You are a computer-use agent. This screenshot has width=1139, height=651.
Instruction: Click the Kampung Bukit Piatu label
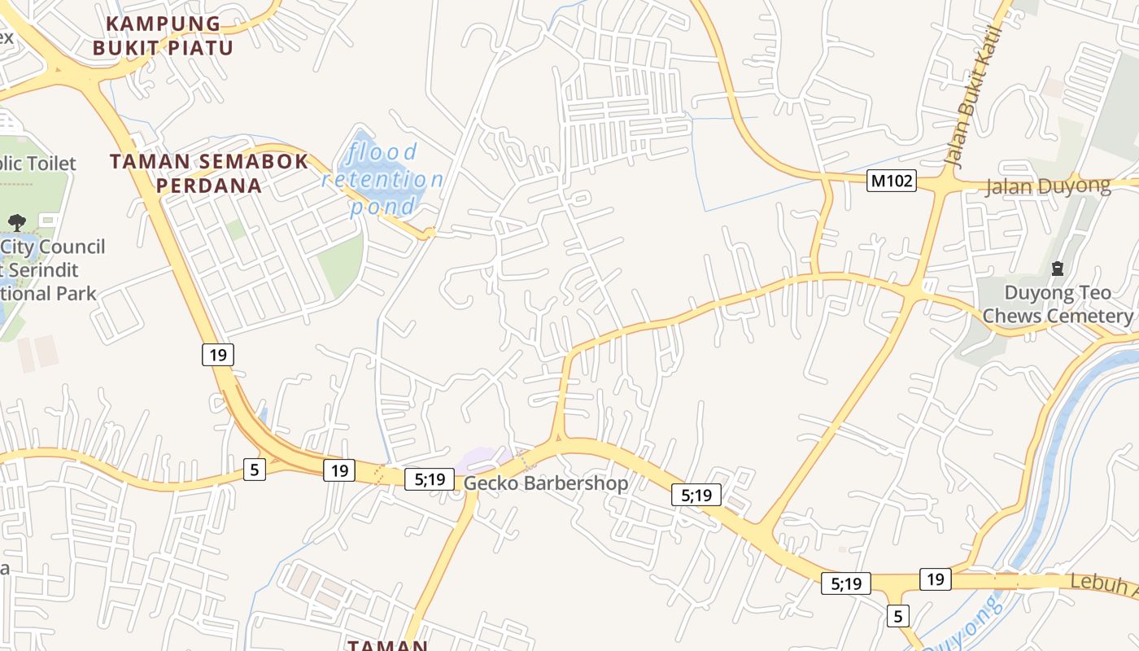pos(163,36)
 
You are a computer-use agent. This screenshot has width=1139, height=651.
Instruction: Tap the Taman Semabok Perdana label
pos(209,173)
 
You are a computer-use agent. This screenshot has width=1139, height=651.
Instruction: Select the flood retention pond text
pos(382,179)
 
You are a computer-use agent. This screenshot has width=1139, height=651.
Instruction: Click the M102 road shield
pos(891,181)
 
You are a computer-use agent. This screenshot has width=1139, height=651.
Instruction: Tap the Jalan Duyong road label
pos(1048,186)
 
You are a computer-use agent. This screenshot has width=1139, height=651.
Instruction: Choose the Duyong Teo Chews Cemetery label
pos(1057,304)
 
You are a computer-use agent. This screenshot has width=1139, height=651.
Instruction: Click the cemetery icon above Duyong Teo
pos(1058,268)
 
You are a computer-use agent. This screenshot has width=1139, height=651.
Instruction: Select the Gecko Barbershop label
pos(546,483)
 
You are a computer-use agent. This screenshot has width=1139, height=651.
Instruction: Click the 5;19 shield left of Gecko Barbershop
pos(430,479)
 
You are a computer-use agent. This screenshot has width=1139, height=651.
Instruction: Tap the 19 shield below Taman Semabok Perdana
pos(218,354)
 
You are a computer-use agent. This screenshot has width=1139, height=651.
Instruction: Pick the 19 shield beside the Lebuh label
pos(936,579)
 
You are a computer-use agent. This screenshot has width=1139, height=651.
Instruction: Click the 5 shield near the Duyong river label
pos(897,615)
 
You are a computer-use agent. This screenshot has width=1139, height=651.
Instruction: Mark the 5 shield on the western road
pos(255,469)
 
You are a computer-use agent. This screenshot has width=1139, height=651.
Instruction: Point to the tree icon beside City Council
pos(16,221)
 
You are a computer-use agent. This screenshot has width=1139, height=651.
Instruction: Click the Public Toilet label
pos(37,164)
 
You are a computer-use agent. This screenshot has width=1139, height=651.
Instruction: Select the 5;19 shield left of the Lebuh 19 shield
pos(845,583)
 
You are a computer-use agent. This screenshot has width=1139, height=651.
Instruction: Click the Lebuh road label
pos(1102,583)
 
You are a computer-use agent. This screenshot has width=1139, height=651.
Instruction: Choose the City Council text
pos(53,247)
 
